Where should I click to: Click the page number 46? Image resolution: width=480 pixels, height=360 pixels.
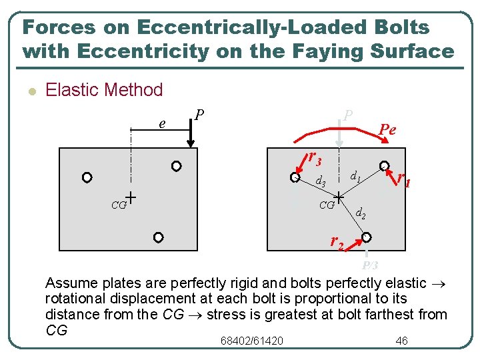401,341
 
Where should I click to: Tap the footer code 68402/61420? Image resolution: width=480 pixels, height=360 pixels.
251,341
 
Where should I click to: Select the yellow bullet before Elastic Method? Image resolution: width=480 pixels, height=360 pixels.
30,91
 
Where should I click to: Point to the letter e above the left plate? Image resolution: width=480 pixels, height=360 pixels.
162,123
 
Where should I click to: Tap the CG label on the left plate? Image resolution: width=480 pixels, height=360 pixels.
119,205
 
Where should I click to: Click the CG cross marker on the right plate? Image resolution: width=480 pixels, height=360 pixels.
339,197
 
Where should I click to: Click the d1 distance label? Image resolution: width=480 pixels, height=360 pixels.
355,177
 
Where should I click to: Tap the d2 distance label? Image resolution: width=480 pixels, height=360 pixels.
360,214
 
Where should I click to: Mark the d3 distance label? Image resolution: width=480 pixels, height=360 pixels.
320,181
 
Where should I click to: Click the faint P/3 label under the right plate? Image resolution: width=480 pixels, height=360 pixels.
370,265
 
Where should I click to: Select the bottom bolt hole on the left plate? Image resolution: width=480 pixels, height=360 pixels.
158,237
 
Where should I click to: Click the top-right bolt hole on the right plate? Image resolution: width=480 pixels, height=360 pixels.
385,165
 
